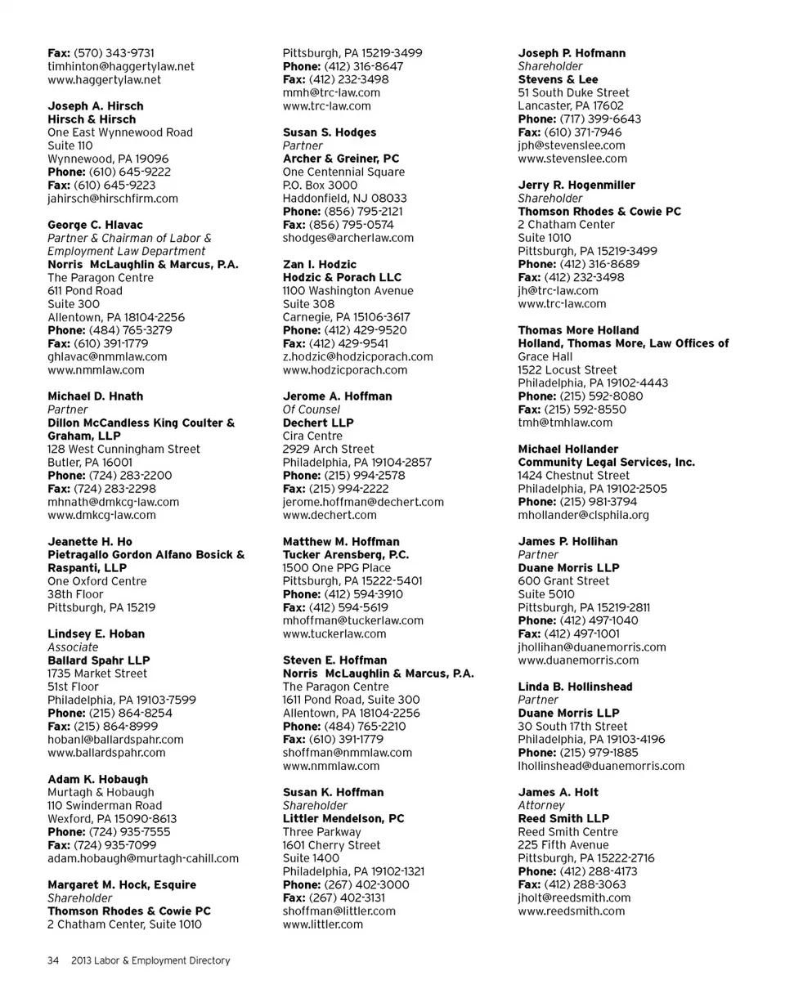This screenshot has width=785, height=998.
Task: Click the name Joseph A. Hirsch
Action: (x=96, y=106)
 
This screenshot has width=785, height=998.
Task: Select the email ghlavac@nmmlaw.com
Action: (x=107, y=356)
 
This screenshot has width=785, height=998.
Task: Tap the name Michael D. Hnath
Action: (x=96, y=396)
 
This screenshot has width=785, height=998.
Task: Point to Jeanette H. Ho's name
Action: (x=90, y=542)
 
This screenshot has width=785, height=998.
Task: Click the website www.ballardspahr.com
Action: (x=107, y=753)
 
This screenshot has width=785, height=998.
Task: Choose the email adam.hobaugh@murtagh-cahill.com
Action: (x=143, y=858)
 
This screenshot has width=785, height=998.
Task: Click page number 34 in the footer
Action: (x=53, y=960)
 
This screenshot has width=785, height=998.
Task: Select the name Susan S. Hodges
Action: (x=330, y=132)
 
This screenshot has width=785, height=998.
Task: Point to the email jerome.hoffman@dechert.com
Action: (x=363, y=502)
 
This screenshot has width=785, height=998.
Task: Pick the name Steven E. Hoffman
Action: (x=335, y=660)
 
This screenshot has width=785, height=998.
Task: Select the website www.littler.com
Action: (x=323, y=924)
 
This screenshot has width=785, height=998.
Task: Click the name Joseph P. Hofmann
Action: (x=572, y=54)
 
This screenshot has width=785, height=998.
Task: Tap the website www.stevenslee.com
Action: (x=572, y=159)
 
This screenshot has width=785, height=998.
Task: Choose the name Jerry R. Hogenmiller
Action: (x=576, y=186)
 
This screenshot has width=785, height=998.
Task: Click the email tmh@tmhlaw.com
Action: (x=565, y=423)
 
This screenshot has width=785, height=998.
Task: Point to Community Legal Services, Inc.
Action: (x=607, y=463)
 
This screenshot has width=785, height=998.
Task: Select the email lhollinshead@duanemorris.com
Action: (x=601, y=766)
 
